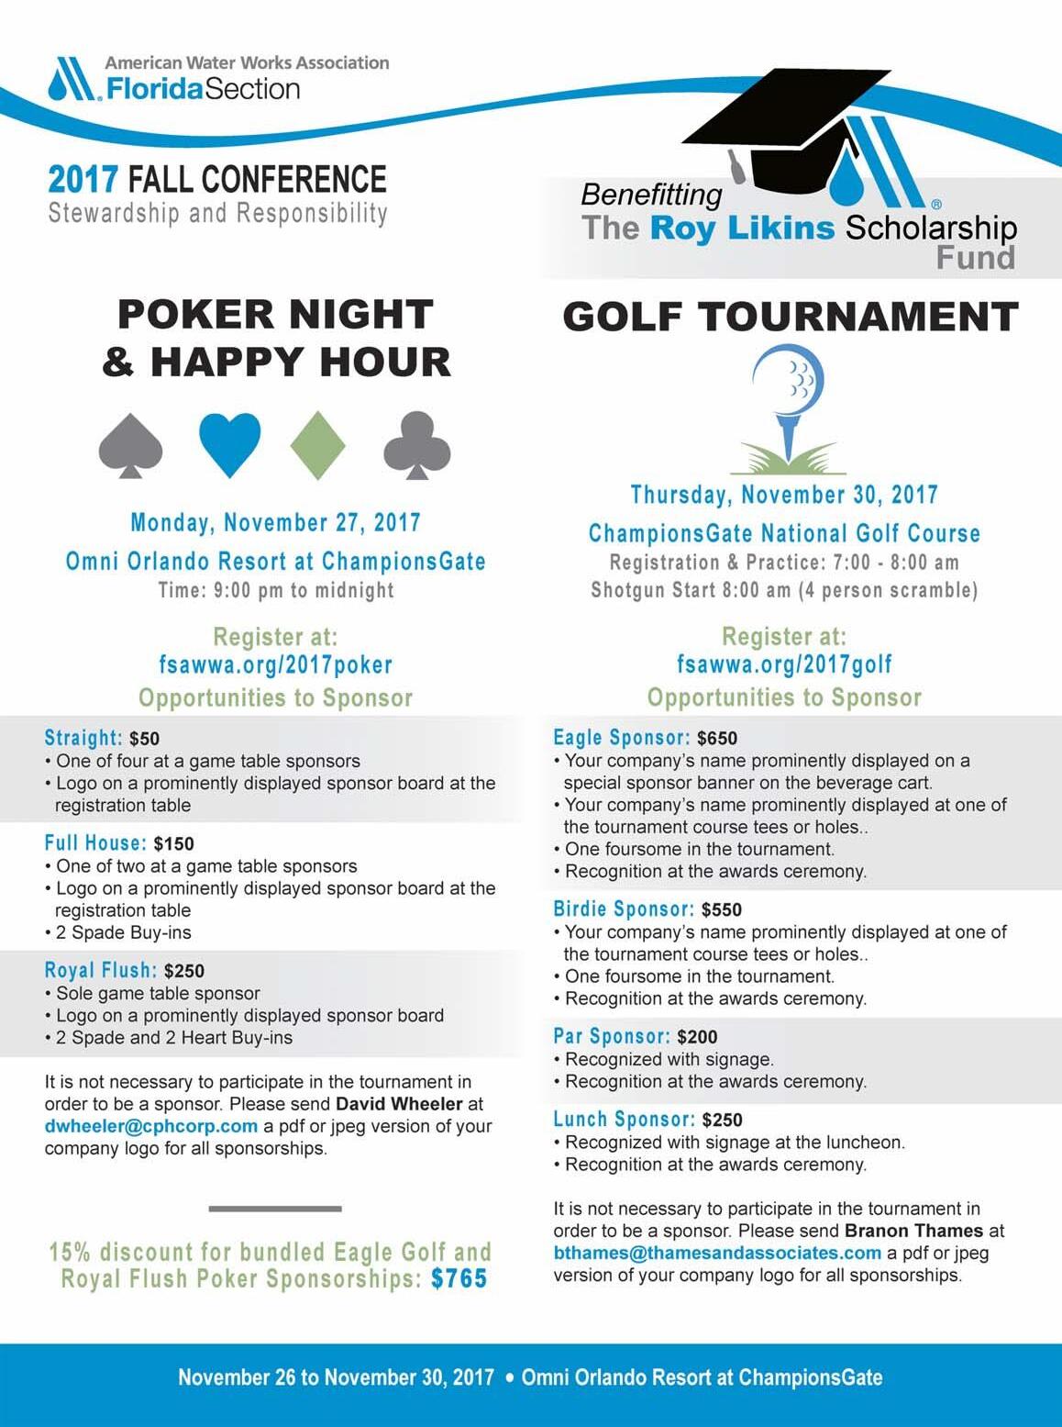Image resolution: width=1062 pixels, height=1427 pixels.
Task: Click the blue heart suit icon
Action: [x=230, y=443]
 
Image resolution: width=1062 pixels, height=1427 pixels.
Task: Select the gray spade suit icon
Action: [x=131, y=445]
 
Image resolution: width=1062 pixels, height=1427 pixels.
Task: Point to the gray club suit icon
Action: [x=417, y=445]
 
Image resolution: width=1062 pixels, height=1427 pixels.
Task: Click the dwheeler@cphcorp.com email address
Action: [x=151, y=1126]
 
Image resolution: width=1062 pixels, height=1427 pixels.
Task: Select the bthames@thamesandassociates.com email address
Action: [x=717, y=1253]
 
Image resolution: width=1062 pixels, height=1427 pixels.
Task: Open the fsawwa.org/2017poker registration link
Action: [x=275, y=664]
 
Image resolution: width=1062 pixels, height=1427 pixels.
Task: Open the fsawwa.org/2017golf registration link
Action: [x=784, y=664]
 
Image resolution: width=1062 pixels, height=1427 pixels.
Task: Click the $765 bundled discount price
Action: [x=459, y=1278]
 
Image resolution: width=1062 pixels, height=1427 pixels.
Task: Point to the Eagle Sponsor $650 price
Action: [x=717, y=739]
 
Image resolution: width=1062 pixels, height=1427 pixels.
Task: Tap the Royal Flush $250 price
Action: [x=184, y=971]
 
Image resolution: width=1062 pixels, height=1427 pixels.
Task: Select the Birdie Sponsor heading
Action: [x=624, y=909]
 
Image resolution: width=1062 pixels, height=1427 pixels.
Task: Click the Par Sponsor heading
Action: [x=612, y=1036]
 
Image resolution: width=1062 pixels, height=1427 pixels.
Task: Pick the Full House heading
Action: [x=95, y=843]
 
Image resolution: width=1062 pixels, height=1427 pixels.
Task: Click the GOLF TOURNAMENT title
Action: [x=791, y=317]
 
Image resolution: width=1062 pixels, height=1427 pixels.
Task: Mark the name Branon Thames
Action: [x=913, y=1231]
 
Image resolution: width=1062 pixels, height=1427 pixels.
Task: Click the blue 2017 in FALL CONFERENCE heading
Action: [x=83, y=178]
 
